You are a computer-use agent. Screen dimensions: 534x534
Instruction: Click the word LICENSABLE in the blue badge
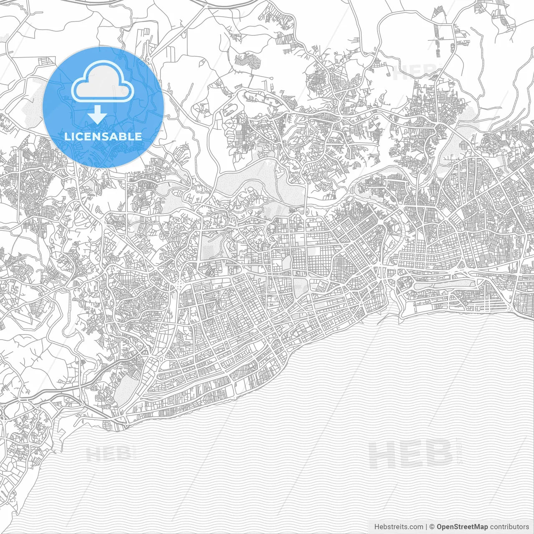103,136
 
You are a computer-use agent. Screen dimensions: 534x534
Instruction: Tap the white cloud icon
103,82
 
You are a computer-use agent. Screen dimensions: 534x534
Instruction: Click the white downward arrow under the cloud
97,114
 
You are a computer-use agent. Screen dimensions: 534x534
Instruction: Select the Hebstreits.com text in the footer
398,527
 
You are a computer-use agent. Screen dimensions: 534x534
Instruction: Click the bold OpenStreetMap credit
462,527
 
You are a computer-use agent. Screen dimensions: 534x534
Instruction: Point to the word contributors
509,527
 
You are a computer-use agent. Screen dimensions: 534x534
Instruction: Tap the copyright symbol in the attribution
432,527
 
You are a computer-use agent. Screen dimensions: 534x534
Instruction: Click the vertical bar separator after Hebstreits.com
426,527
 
